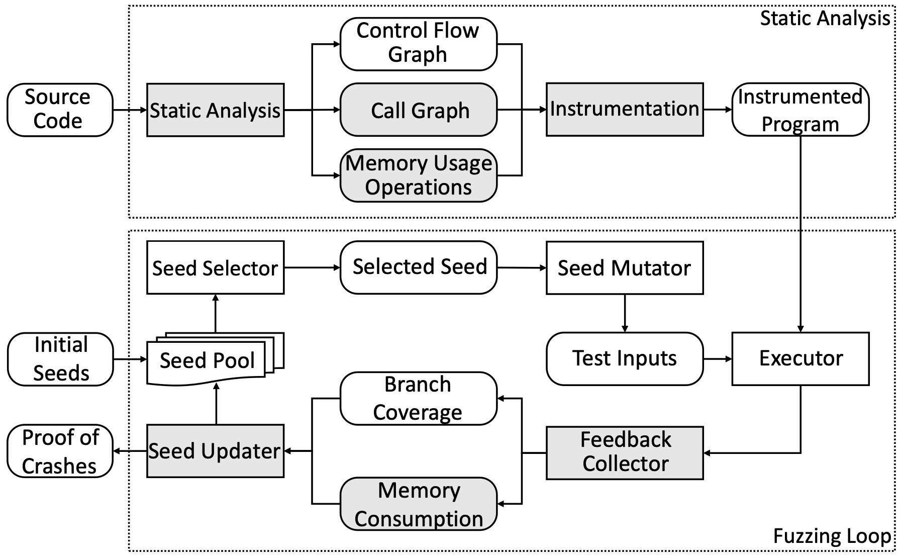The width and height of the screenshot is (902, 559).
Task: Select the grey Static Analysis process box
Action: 215,110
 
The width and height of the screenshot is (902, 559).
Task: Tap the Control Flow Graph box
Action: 419,44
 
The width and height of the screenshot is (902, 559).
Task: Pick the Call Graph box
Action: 419,110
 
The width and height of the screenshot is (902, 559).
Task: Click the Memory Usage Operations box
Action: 419,175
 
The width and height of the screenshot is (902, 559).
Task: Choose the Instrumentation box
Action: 625,110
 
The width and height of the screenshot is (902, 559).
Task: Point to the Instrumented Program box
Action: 800,110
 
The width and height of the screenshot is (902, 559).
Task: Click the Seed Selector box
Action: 215,267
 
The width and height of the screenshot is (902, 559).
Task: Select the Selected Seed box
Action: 419,267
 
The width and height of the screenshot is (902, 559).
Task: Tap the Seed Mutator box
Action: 625,267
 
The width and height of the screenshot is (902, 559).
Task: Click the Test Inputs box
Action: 625,359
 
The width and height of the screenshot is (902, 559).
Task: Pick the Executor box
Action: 800,359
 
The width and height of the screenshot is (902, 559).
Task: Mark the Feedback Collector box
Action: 625,453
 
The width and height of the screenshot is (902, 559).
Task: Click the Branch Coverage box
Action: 419,399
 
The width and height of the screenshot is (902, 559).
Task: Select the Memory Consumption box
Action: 419,504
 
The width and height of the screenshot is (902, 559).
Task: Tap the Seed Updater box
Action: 215,451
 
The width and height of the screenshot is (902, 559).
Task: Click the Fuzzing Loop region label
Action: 832,536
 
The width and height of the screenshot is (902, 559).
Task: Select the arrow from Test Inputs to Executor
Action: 718,359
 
